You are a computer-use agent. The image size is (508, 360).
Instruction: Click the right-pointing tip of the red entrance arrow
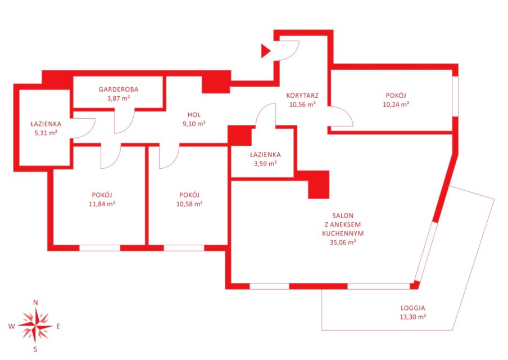pos(271,51)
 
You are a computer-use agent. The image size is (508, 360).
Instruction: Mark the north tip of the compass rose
pos(35,308)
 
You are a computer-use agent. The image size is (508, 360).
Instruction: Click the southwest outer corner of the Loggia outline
pos(321,330)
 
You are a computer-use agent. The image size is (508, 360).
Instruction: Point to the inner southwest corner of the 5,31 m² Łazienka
pos(20,165)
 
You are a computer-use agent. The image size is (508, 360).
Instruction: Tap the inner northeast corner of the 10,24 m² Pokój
pos(452,70)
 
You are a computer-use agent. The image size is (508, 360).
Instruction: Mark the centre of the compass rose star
pos(35,326)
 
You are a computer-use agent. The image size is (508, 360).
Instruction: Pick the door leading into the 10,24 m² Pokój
pos(341,116)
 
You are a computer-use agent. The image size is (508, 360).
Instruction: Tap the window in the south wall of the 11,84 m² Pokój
pos(100,248)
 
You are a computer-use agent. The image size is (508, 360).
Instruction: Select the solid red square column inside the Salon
pos(319,184)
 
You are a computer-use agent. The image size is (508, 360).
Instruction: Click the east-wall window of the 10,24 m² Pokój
pos(455,96)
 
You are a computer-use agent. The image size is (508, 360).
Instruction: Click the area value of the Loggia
pos(412,317)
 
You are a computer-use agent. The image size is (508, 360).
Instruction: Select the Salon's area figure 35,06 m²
pos(343,242)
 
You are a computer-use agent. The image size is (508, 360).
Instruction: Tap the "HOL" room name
pos(194,115)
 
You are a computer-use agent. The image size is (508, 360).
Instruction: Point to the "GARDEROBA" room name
pos(119,89)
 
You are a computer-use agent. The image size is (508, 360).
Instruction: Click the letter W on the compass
pos(11,326)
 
